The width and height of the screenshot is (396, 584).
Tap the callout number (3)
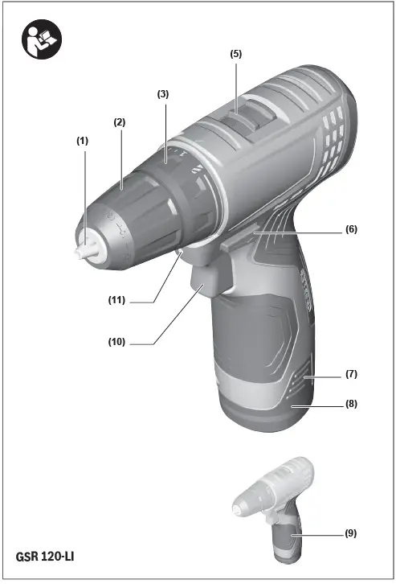coord(163,94)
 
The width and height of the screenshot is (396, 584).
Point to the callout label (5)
coord(235,54)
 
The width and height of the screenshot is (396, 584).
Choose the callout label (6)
coord(351,229)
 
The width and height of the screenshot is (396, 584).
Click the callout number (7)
coord(351,375)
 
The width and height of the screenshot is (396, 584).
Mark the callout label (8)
coord(351,405)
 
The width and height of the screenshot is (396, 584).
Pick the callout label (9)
coord(351,533)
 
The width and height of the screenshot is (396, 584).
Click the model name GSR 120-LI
coord(46,557)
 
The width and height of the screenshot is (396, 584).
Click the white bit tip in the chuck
coord(82,249)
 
